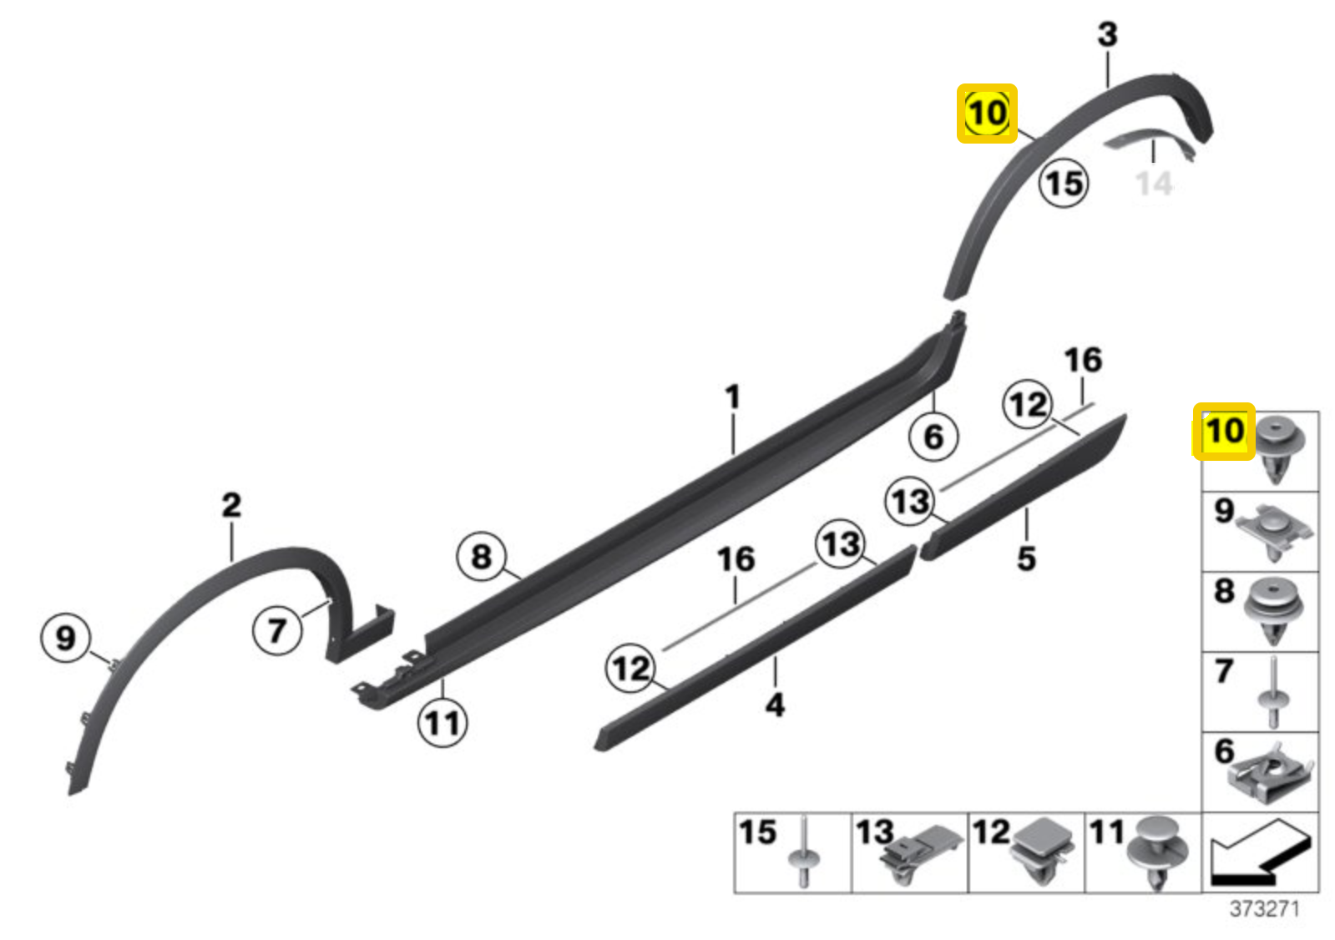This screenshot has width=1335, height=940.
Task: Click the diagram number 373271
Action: (x=1264, y=908)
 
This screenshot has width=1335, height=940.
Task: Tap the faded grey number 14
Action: (x=1154, y=183)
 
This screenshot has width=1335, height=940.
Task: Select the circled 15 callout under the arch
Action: (x=1064, y=183)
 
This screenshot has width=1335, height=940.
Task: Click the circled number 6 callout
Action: (x=933, y=436)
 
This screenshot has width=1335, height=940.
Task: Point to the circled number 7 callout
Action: (x=277, y=629)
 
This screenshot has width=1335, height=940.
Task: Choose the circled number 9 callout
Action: (x=65, y=638)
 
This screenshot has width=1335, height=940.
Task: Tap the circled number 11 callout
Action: (x=442, y=723)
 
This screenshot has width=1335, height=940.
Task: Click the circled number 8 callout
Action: (x=482, y=556)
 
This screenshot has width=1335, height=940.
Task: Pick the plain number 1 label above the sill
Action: (x=733, y=397)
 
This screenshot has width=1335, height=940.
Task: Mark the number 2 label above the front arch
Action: (x=231, y=505)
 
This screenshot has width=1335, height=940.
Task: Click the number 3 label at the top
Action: (x=1107, y=34)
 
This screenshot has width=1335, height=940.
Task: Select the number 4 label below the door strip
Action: (x=775, y=705)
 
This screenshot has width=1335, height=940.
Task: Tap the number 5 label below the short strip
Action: (x=1026, y=558)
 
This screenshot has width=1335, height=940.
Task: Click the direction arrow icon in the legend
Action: (x=1259, y=852)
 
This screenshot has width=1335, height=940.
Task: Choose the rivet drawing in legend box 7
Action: (x=1272, y=693)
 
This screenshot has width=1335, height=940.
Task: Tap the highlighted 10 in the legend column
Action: (x=1223, y=432)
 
